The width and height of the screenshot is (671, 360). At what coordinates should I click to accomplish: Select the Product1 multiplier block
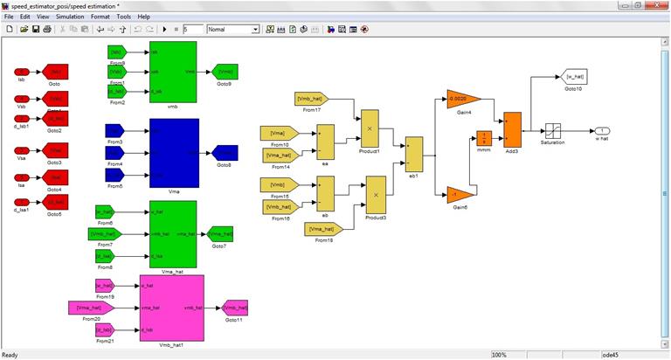point(370,128)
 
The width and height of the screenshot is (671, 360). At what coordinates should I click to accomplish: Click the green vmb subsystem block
point(173,72)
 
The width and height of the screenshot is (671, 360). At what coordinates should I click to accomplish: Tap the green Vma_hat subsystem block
point(173,233)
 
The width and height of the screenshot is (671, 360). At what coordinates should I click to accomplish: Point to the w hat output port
point(602,130)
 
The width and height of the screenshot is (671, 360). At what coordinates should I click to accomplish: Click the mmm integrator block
point(484,138)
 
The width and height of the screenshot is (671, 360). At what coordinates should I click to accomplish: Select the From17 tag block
point(312,99)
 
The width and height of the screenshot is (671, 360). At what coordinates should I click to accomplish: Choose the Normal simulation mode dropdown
point(233,29)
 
